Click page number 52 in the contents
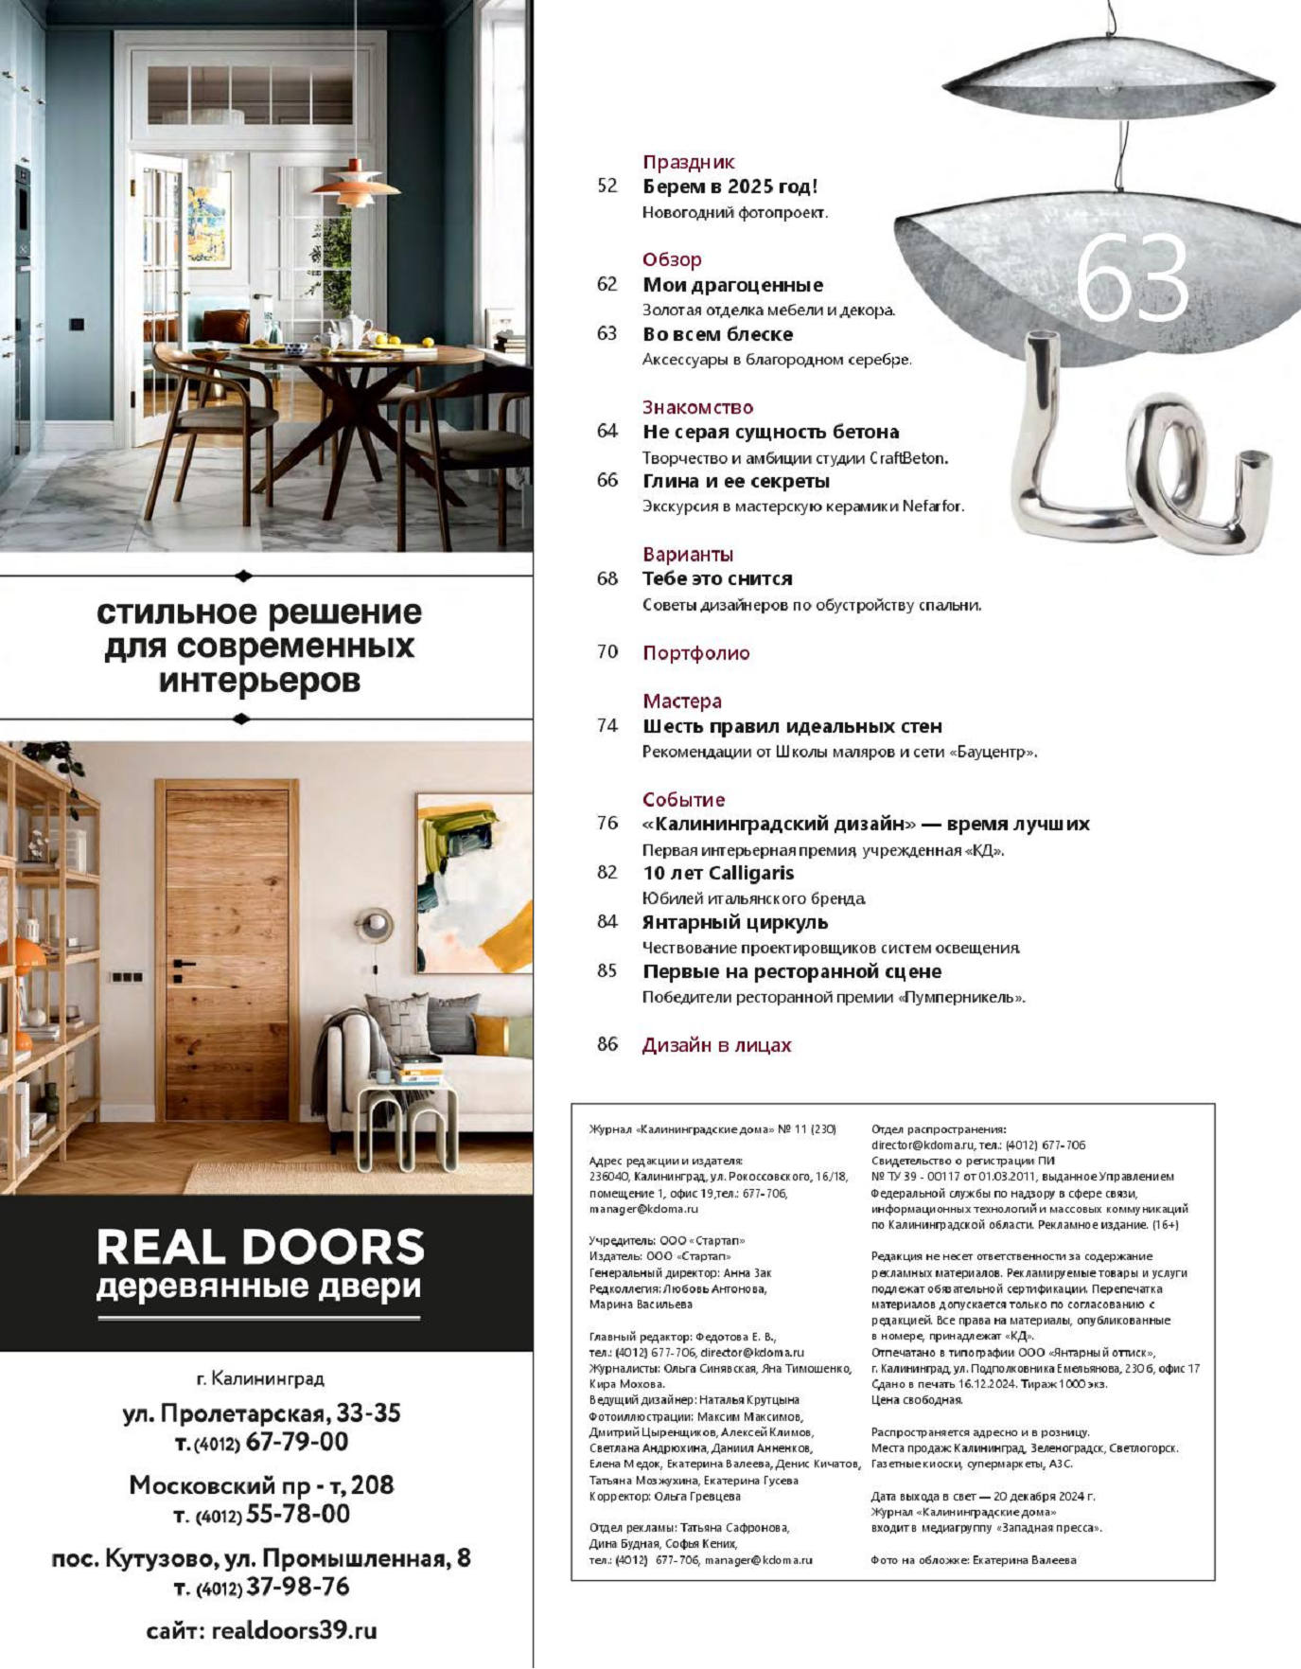point(607,186)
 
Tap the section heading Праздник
point(688,162)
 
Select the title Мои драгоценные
point(732,285)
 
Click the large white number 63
point(1132,279)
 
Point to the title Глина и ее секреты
point(736,481)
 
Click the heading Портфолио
point(695,652)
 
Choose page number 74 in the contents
point(607,726)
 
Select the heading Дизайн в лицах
point(716,1045)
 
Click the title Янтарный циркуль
point(735,922)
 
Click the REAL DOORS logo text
point(260,1247)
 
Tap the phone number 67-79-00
point(296,1442)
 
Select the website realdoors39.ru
point(294,1630)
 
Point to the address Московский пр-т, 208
point(261,1484)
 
